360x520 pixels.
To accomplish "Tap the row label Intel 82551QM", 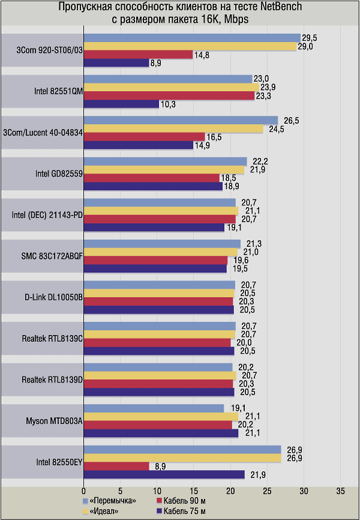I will coord(59,91).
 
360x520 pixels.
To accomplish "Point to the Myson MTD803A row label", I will coord(55,422).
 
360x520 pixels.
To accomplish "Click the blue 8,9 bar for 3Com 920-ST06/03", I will coord(116,62).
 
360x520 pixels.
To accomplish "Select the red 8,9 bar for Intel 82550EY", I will coord(116,466).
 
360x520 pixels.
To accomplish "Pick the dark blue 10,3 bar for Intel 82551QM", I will coord(121,104).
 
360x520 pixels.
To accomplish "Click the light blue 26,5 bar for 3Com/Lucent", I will coord(181,120).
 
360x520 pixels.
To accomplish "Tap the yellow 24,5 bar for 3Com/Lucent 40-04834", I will coord(173,128).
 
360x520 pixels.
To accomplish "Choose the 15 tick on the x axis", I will coord(194,489).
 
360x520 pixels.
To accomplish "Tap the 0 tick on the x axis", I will coord(84,489).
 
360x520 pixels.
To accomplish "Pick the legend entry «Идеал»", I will coord(105,510).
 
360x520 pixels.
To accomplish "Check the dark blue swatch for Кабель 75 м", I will coord(160,510).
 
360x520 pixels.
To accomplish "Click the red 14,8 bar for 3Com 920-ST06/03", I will coord(138,54).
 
